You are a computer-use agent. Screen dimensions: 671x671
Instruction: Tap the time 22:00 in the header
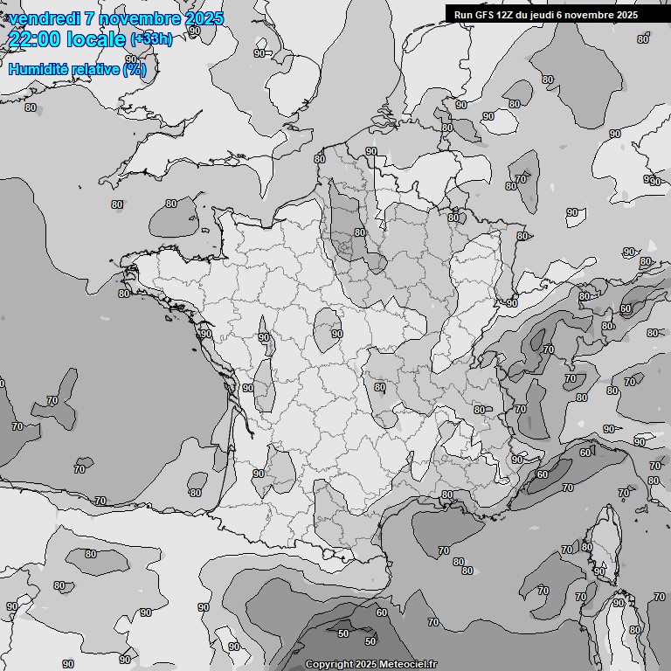pos(38,40)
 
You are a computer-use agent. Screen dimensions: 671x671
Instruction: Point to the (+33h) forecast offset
pos(151,39)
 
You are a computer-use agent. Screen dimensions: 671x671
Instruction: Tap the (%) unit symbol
pos(135,69)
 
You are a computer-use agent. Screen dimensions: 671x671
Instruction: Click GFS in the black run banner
pos(486,15)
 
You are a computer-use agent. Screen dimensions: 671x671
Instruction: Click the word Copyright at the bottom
pos(329,664)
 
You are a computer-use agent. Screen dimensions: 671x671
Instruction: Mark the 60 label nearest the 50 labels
pos(381,613)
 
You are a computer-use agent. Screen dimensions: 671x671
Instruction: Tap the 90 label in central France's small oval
pos(336,334)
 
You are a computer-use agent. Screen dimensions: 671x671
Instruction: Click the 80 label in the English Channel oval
pos(171,204)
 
